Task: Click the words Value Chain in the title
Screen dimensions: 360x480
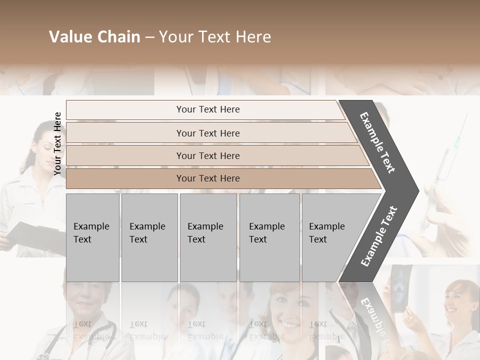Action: pyautogui.click(x=94, y=37)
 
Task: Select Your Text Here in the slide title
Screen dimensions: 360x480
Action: pyautogui.click(x=215, y=37)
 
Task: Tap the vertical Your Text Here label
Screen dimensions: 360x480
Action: pyautogui.click(x=57, y=143)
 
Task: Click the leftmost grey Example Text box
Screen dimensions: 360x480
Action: pyautogui.click(x=92, y=237)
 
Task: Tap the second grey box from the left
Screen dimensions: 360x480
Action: pyautogui.click(x=149, y=237)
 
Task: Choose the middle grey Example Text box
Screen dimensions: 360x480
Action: pyautogui.click(x=208, y=237)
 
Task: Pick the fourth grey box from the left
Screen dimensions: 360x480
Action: pyautogui.click(x=269, y=237)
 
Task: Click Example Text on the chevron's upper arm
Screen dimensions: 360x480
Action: pyautogui.click(x=377, y=142)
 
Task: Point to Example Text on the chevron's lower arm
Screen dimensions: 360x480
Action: pyautogui.click(x=378, y=236)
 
